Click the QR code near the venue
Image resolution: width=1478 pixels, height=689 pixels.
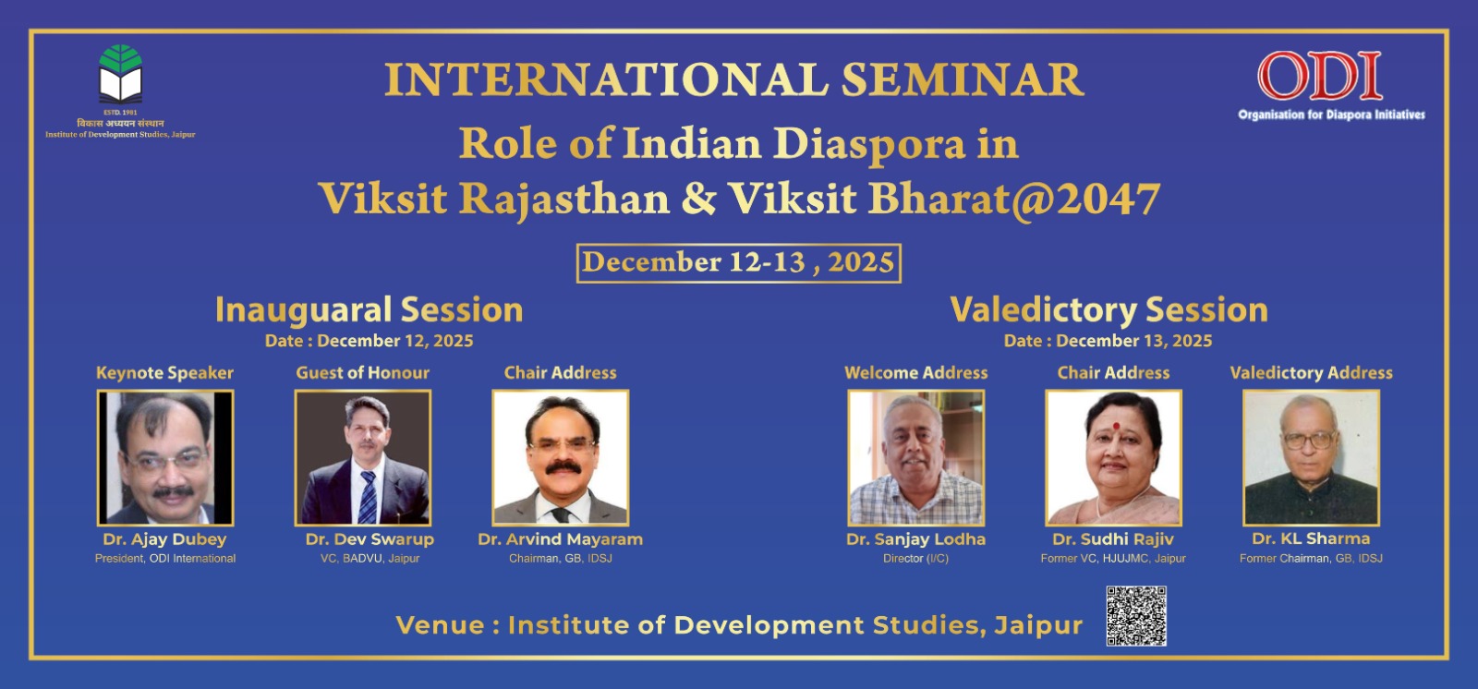click(1136, 616)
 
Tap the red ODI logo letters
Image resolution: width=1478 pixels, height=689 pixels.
click(1320, 75)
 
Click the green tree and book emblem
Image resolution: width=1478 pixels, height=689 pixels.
click(121, 74)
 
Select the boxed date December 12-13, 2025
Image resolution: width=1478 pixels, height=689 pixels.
click(738, 263)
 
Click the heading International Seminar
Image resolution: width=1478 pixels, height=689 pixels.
click(733, 79)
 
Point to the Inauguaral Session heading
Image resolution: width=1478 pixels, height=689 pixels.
click(369, 310)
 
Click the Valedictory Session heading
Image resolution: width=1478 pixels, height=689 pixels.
click(1108, 309)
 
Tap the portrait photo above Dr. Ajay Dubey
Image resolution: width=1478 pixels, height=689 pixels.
click(165, 457)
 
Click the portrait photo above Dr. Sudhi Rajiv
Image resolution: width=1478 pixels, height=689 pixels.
click(1113, 457)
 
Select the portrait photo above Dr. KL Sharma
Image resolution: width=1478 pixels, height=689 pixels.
click(1311, 457)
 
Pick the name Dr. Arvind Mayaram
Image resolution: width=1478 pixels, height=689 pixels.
click(560, 539)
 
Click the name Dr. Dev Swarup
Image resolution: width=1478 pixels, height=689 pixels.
click(369, 539)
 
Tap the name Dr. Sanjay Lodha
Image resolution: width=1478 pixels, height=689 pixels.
click(915, 539)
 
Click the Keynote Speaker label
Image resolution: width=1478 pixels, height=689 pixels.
click(165, 373)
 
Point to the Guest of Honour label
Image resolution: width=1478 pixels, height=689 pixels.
click(362, 373)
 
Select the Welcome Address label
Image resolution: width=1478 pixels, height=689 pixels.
click(915, 373)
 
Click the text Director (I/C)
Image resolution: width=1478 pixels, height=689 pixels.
click(915, 559)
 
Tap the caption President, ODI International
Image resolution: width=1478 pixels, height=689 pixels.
click(165, 559)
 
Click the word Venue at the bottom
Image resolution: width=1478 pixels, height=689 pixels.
click(440, 625)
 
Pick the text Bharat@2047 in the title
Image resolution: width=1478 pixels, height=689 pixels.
click(1014, 199)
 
